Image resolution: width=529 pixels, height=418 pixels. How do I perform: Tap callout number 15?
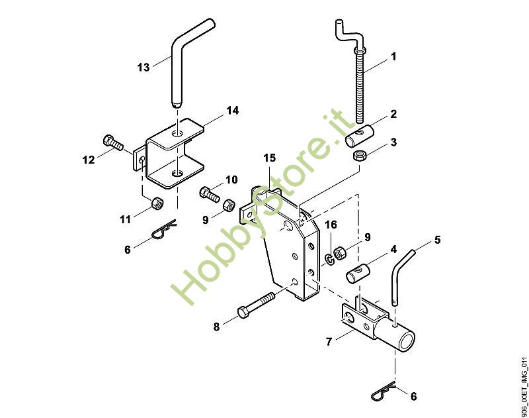tap(269, 158)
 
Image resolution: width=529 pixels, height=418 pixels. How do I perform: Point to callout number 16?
tap(331, 225)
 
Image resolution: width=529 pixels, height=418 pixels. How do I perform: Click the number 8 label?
tap(216, 326)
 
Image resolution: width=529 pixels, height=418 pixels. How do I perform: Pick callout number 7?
tap(329, 342)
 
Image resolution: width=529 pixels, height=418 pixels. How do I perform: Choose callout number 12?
tap(89, 160)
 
